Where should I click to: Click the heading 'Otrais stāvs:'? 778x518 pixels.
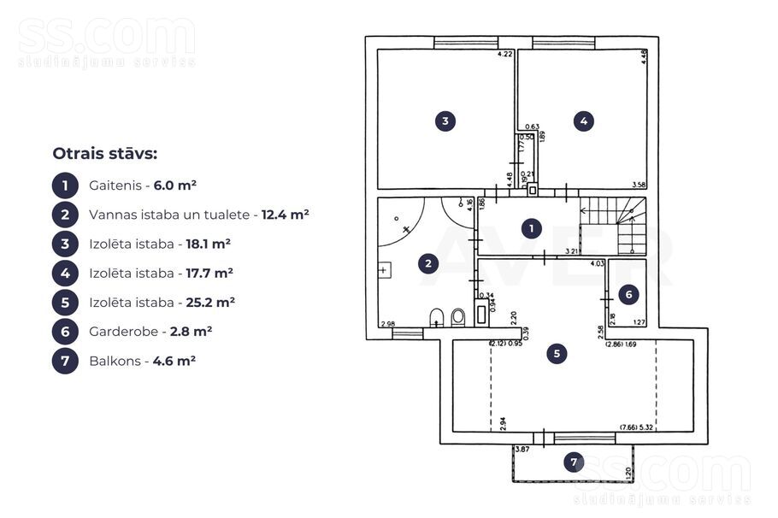pyautogui.click(x=105, y=154)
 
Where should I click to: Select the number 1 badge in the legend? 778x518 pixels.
pyautogui.click(x=65, y=185)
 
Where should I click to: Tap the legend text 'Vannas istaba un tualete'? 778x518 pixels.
pyautogui.click(x=169, y=215)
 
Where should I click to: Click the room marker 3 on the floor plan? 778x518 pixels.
pyautogui.click(x=445, y=121)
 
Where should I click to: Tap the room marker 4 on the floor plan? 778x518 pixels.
pyautogui.click(x=584, y=121)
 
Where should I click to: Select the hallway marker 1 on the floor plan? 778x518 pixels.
pyautogui.click(x=532, y=228)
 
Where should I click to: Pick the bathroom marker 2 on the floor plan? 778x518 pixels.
pyautogui.click(x=427, y=263)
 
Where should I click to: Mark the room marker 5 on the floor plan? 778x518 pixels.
pyautogui.click(x=557, y=352)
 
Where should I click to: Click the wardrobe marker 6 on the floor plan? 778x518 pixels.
pyautogui.click(x=628, y=295)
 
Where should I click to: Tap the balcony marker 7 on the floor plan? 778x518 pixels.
pyautogui.click(x=574, y=462)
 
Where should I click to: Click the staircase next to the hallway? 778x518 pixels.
pyautogui.click(x=613, y=227)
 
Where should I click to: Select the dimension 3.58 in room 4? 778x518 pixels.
pyautogui.click(x=638, y=185)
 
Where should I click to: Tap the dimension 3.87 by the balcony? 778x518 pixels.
pyautogui.click(x=522, y=449)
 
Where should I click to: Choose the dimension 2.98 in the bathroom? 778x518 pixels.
pyautogui.click(x=387, y=323)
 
